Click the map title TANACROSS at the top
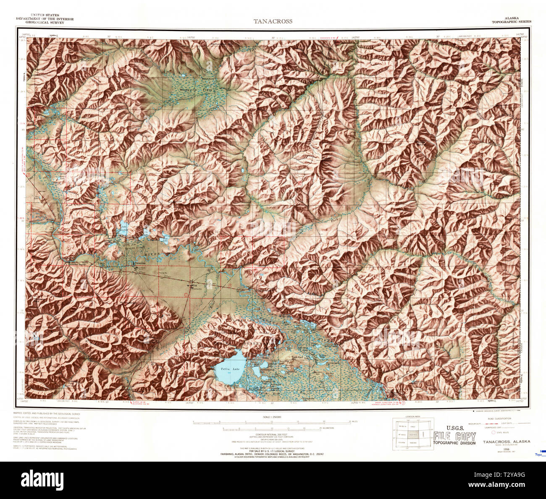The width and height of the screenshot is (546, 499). [273, 21]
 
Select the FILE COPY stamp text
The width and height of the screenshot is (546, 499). [455, 436]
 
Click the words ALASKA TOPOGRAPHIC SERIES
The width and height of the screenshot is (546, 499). [511, 20]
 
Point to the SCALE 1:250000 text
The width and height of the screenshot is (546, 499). [271, 417]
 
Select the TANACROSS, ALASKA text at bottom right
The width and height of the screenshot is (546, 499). [506, 442]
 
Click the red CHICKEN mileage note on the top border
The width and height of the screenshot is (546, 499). [330, 38]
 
